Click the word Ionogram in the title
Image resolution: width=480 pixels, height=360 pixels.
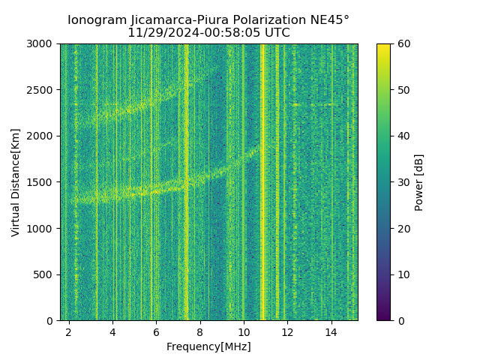(97, 20)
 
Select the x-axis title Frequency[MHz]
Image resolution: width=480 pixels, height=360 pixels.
(208, 346)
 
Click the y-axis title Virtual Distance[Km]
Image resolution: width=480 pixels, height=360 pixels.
(16, 182)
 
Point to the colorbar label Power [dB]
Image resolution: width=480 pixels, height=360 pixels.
(419, 182)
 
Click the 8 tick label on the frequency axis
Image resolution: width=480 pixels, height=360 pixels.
(200, 331)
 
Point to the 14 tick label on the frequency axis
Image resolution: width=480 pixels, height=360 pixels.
(331, 331)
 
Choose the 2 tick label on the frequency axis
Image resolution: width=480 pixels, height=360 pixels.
(69, 331)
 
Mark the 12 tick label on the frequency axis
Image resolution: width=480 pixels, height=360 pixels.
(287, 331)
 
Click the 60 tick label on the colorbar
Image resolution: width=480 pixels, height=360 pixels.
(403, 43)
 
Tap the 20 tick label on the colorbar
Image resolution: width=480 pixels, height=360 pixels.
(403, 228)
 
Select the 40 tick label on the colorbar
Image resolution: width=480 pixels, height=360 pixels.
(403, 136)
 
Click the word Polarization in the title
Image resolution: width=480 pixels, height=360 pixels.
(256, 20)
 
